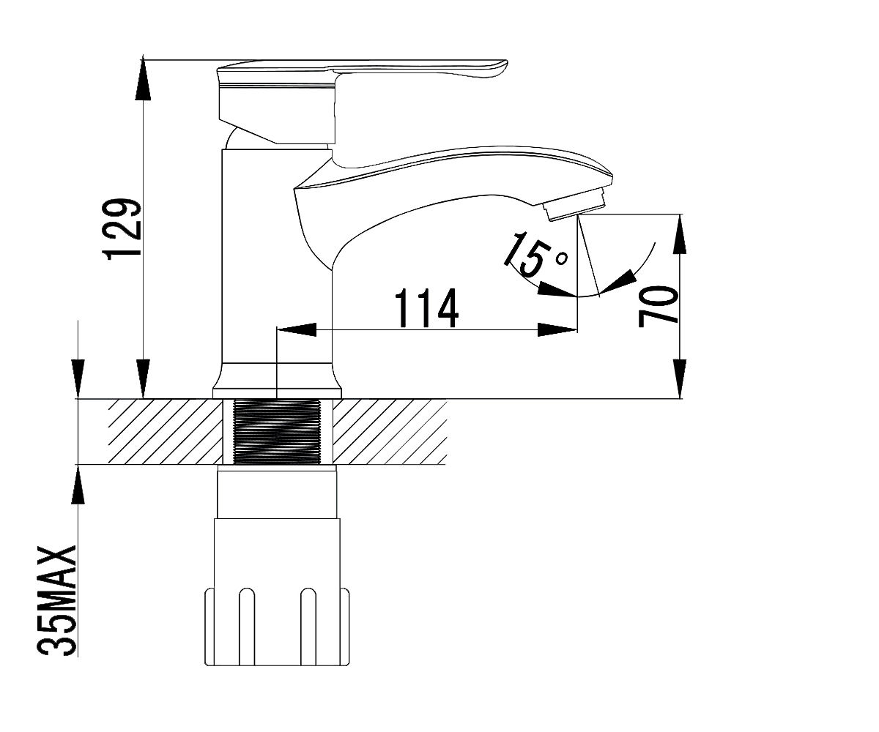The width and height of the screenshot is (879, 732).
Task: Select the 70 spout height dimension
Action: coord(658,306)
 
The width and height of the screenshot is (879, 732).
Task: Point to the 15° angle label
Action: coord(535,255)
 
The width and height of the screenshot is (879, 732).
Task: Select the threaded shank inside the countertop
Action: coord(275,432)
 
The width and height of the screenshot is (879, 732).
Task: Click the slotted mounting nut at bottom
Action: coord(277,633)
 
